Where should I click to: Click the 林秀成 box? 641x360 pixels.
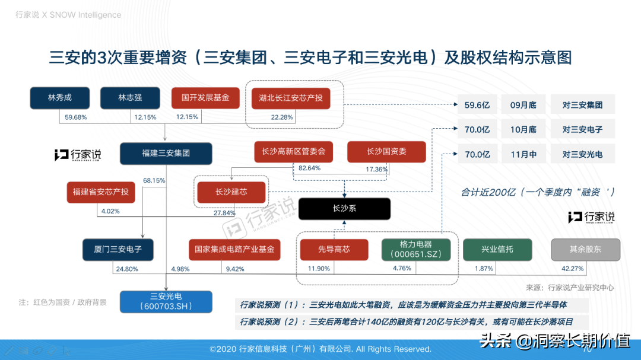click(x=59, y=98)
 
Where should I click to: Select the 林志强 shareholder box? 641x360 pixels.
click(x=130, y=98)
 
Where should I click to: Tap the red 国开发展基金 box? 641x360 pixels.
click(x=205, y=98)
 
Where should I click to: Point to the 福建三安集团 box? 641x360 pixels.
click(x=166, y=153)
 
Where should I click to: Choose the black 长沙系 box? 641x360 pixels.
click(x=344, y=209)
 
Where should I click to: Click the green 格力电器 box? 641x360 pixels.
click(x=415, y=249)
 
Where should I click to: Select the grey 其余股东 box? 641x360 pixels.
click(x=585, y=249)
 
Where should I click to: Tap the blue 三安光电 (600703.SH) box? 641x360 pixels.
click(x=166, y=301)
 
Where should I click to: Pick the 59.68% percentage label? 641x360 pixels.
click(x=75, y=117)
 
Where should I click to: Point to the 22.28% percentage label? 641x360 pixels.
click(x=282, y=117)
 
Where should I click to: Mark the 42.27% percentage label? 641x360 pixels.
click(x=572, y=269)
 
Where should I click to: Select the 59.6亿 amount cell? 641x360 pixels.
click(x=477, y=105)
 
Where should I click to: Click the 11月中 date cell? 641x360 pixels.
click(x=523, y=154)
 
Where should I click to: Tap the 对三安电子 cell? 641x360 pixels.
click(x=582, y=129)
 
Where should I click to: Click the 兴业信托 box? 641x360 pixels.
click(x=497, y=249)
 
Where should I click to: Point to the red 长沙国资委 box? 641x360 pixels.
click(x=386, y=152)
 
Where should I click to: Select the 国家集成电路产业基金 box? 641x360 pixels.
click(x=234, y=249)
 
